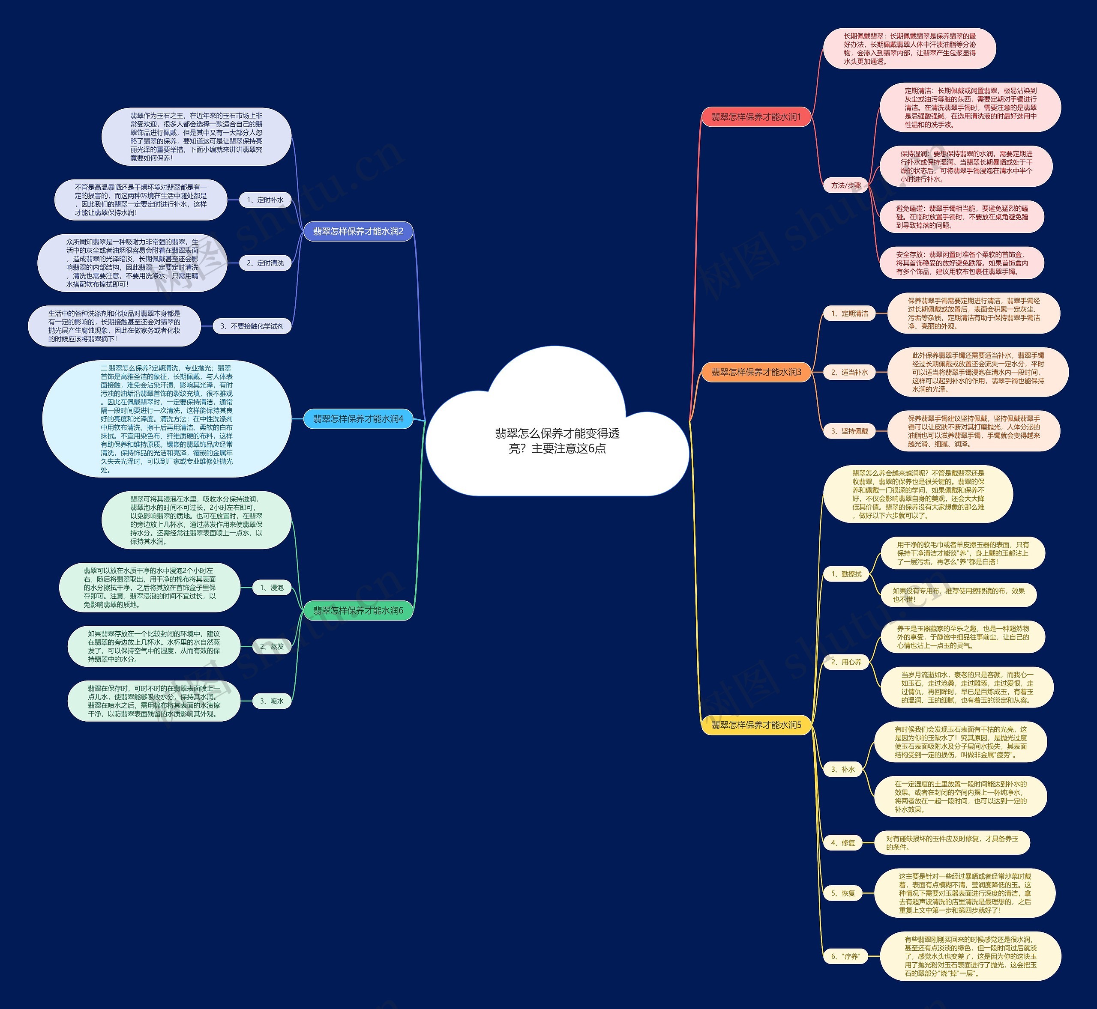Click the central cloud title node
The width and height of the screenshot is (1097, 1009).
tap(557, 441)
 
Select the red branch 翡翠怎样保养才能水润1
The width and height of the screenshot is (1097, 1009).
tap(755, 117)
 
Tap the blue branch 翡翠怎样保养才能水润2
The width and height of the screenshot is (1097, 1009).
tap(358, 232)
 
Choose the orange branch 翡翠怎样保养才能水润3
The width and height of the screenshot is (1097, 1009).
tap(755, 372)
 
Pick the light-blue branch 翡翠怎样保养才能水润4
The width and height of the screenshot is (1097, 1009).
tap(358, 419)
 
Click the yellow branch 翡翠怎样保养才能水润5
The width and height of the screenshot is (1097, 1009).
tap(755, 725)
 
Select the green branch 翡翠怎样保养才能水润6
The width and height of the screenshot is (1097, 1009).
tap(358, 610)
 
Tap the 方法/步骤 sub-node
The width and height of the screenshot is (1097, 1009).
tap(846, 185)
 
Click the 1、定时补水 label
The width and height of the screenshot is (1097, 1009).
tap(265, 200)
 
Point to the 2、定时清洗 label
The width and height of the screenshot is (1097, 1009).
tap(265, 263)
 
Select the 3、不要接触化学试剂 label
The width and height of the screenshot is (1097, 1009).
tap(252, 326)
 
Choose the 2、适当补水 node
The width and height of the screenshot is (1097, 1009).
tap(849, 372)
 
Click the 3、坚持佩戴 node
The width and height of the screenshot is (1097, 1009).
tap(849, 431)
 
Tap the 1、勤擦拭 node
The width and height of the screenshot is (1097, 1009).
tap(846, 574)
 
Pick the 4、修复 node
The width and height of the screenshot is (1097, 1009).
tap(843, 843)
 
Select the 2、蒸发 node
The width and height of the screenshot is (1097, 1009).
tap(272, 646)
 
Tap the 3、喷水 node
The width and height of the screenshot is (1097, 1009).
tap(272, 701)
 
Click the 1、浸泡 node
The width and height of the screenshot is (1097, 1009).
tap(272, 588)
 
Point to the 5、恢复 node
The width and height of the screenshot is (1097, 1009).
tap(843, 893)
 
